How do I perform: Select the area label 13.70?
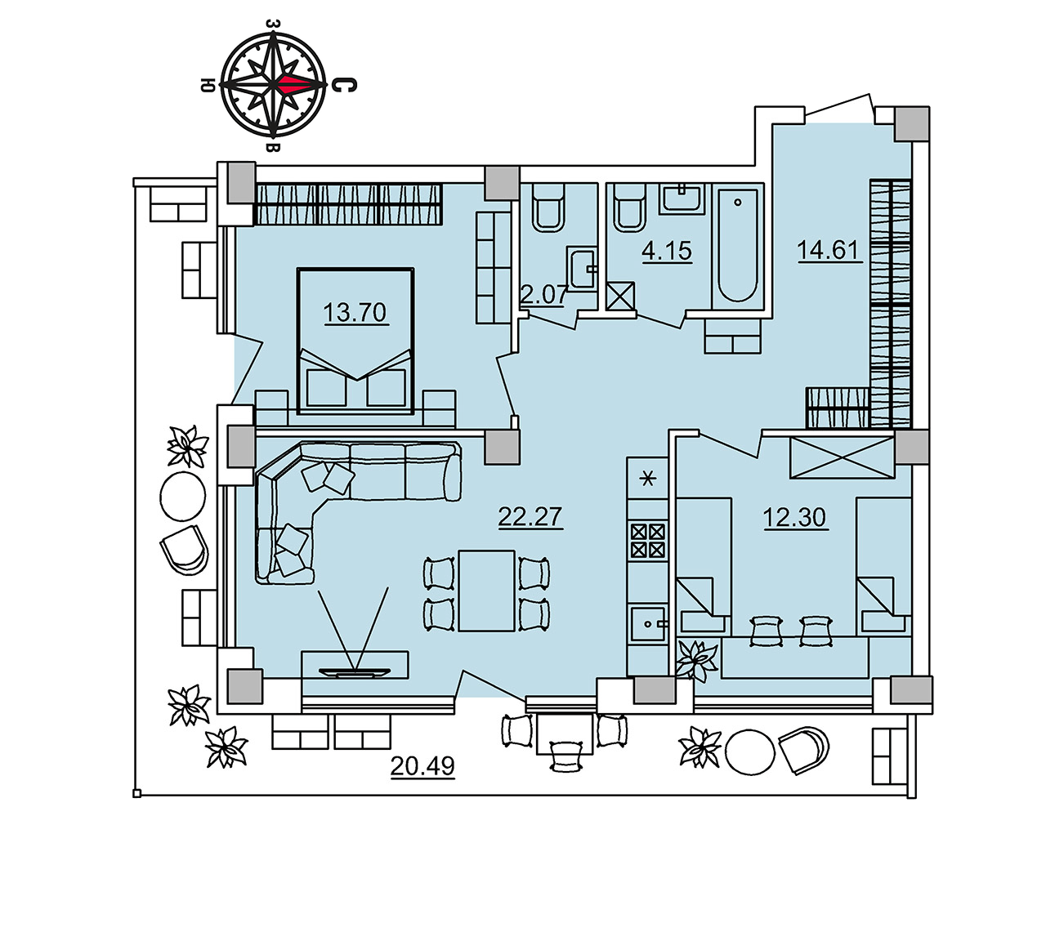[x=355, y=312]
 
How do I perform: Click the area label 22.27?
[x=530, y=516]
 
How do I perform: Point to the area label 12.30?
[x=794, y=517]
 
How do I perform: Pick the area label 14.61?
[x=828, y=250]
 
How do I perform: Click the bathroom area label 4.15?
[x=667, y=251]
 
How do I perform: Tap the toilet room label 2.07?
[x=543, y=295]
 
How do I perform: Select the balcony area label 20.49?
[x=422, y=765]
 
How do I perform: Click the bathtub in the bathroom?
[x=737, y=246]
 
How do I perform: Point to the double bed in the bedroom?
[x=355, y=341]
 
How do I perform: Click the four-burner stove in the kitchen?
[x=648, y=541]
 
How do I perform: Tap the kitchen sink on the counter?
[x=648, y=623]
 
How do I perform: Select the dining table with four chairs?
[x=487, y=591]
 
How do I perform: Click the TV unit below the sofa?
[x=355, y=665]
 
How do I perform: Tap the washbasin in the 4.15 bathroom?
[x=682, y=198]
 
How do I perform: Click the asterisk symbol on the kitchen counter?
[x=648, y=479]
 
